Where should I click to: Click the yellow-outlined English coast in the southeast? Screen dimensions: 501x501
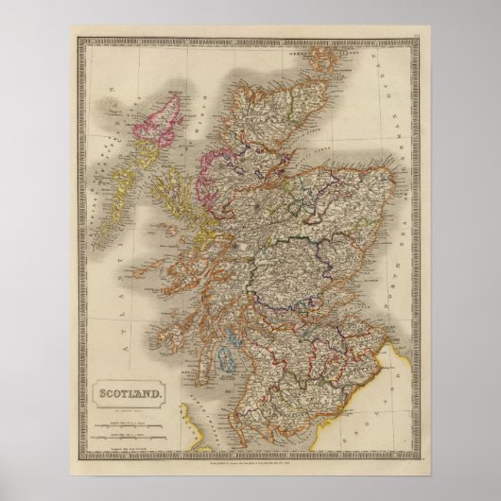pyautogui.click(x=397, y=397)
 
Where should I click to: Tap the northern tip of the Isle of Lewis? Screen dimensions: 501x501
pyautogui.click(x=178, y=91)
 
